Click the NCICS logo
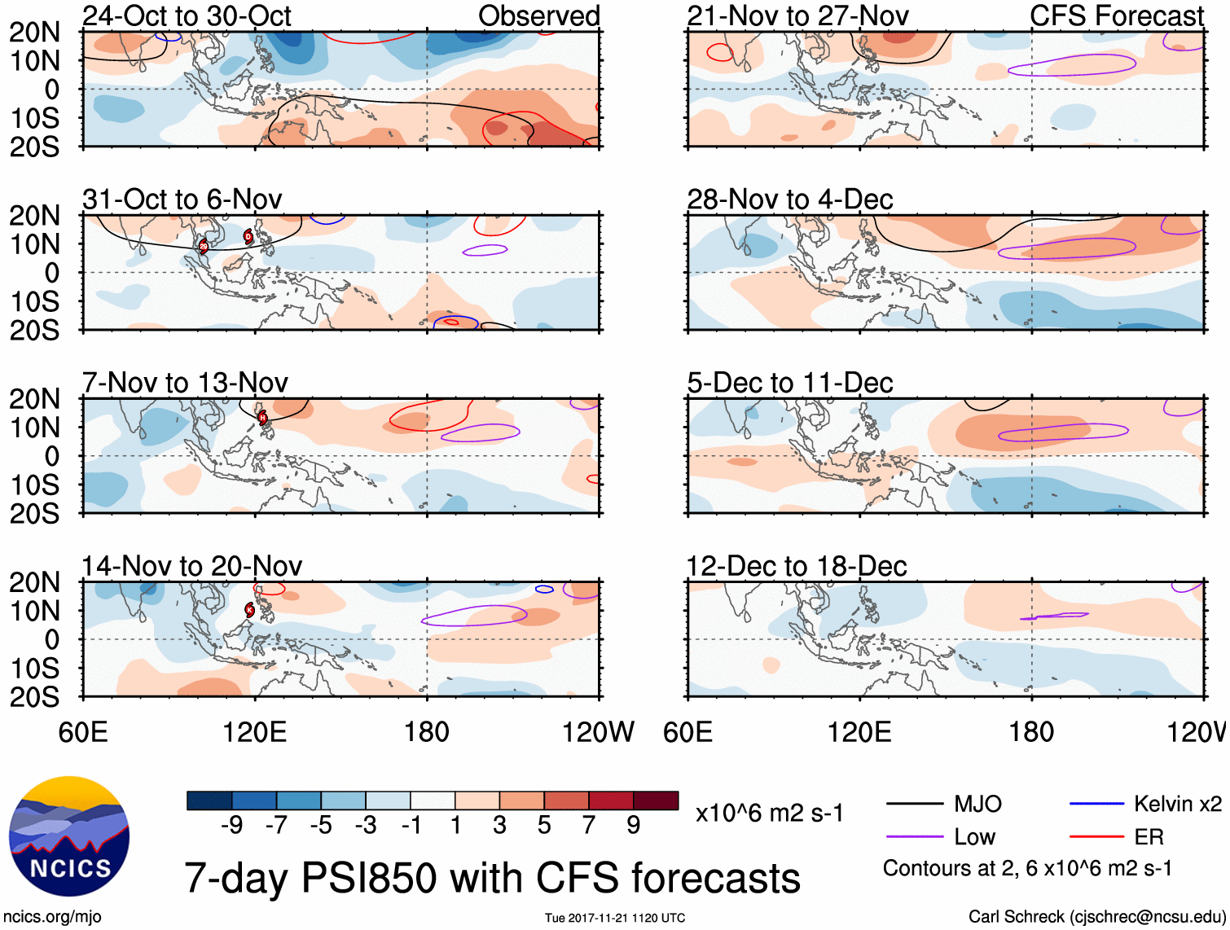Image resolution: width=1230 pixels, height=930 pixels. point(69,836)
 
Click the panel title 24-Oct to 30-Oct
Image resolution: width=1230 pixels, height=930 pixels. point(187,15)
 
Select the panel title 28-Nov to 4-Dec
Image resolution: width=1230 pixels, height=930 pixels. point(789,200)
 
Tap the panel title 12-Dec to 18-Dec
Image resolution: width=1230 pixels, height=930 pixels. point(796,566)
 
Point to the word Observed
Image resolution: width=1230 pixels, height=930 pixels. point(538,15)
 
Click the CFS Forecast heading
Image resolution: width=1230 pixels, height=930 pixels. point(1116,15)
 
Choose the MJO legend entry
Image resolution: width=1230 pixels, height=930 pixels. point(977,804)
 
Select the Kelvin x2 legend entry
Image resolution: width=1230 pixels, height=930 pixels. point(1177,804)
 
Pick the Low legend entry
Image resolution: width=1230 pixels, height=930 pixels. point(974,837)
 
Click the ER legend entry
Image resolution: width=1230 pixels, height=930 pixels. point(1149,837)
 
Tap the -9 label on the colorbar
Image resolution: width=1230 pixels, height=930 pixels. point(231,826)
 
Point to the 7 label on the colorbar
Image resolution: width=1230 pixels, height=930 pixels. point(589,826)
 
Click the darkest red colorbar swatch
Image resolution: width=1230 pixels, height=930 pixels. point(656,801)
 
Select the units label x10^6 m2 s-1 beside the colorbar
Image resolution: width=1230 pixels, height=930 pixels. point(769,813)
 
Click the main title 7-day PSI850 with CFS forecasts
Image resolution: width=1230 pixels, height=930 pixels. point(492,878)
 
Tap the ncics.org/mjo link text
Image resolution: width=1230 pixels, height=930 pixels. point(52,917)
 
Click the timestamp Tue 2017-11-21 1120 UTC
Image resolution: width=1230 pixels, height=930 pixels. point(615,918)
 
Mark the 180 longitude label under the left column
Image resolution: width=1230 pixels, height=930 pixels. point(426,732)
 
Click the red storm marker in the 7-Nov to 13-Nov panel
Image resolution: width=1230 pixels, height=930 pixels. point(262,418)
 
